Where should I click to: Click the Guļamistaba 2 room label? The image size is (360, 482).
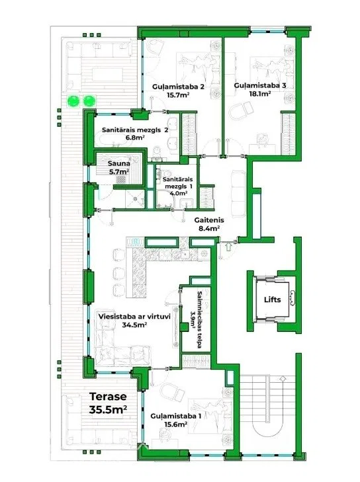click(x=178, y=87)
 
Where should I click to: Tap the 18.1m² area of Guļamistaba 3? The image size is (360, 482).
click(x=260, y=93)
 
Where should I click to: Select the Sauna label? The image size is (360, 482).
click(x=118, y=163)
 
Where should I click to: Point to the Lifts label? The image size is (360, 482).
click(x=272, y=300)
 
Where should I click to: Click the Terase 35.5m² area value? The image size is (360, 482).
click(x=108, y=409)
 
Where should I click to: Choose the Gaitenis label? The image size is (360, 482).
click(x=209, y=220)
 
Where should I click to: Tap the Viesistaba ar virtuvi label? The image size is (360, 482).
click(x=134, y=317)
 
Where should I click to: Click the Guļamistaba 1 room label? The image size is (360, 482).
click(x=176, y=417)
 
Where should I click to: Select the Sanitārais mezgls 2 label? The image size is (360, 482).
click(x=135, y=130)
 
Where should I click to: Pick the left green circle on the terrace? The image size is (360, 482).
click(x=73, y=100)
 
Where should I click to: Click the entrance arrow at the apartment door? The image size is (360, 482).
click(x=228, y=247)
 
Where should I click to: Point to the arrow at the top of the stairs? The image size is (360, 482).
click(x=282, y=378)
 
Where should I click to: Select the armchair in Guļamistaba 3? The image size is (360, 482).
click(x=242, y=111)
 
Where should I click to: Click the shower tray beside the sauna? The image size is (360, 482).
click(x=135, y=198)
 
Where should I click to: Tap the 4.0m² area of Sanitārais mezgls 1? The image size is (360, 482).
click(x=179, y=193)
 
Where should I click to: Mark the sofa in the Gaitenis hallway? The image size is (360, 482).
click(x=238, y=194)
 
